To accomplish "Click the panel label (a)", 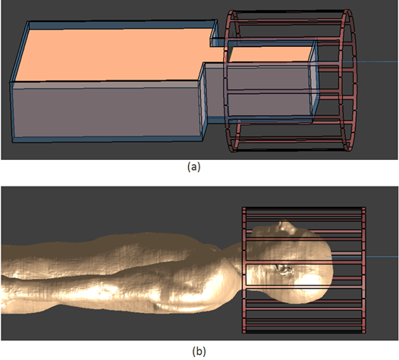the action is [194, 167].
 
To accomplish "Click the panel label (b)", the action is [199, 352].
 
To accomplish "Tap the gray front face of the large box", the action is [105, 111].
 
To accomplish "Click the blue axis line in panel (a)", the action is [357, 62].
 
